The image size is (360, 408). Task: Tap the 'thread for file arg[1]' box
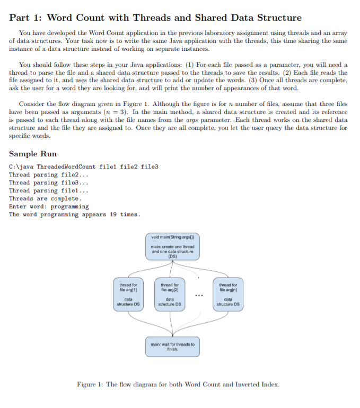pos(128,295)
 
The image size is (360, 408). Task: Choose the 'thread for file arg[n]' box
pos(229,295)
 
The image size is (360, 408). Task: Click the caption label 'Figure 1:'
pos(91,385)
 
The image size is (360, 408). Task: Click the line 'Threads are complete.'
pos(45,199)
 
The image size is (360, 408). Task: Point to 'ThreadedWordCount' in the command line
pos(66,167)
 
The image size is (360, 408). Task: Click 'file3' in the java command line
pos(150,167)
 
